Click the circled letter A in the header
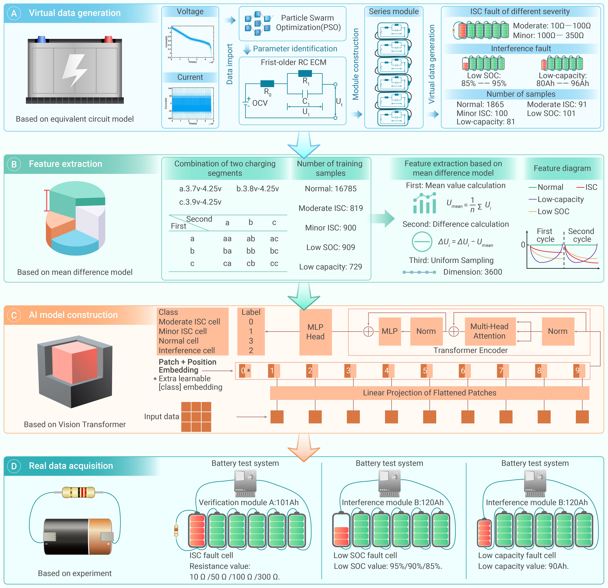tap(14, 13)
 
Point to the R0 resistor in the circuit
tap(267, 83)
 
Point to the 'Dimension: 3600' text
tap(472, 272)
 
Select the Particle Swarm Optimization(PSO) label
tap(308, 23)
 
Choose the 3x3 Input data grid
tap(196, 417)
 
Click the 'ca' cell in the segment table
tap(227, 263)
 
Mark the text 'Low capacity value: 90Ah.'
tap(523, 566)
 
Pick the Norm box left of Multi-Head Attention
tap(426, 331)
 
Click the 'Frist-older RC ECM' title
tap(293, 62)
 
